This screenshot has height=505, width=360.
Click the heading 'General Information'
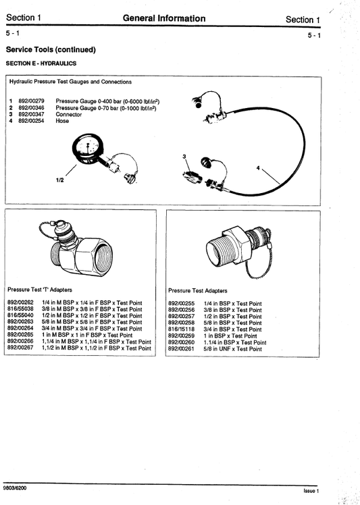(164, 18)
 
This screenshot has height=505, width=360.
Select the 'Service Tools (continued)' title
(51, 50)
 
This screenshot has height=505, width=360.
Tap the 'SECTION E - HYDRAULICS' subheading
(41, 63)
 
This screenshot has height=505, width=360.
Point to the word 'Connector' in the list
(69, 115)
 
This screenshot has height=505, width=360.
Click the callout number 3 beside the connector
(184, 156)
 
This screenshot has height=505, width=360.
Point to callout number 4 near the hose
(257, 166)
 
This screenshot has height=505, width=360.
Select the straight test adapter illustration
(235, 250)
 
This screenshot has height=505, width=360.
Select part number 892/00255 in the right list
(181, 304)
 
